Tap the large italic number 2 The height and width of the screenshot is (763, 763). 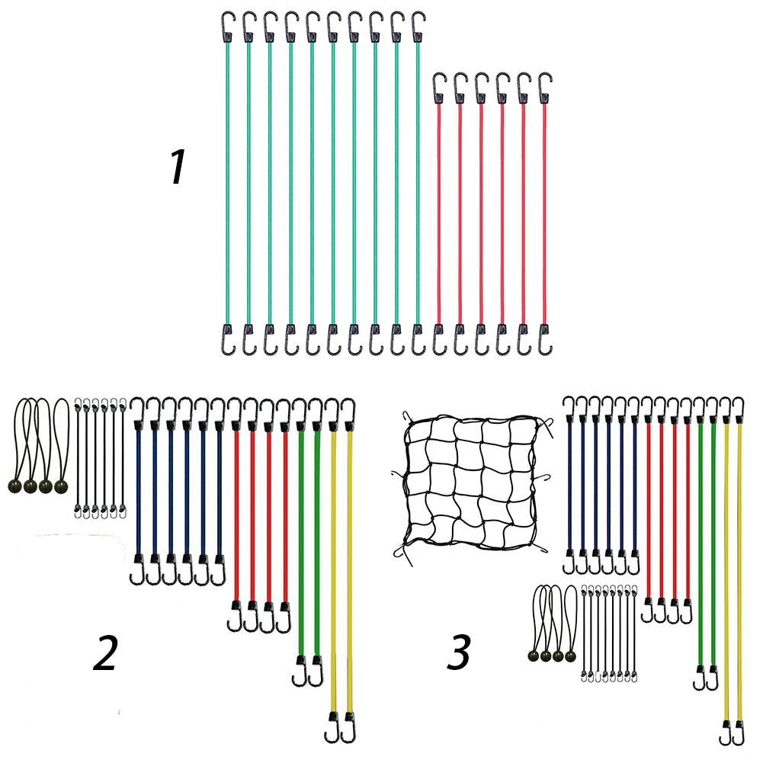tap(106, 652)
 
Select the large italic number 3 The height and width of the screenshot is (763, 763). tap(459, 652)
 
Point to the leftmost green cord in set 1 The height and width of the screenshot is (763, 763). tap(227, 184)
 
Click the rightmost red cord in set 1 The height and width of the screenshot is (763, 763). tap(544, 214)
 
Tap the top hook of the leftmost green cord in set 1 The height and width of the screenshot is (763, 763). tap(227, 27)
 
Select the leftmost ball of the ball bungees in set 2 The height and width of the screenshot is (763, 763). tap(15, 486)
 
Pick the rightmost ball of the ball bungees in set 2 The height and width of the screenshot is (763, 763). tap(61, 486)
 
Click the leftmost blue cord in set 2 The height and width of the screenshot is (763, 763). tap(138, 491)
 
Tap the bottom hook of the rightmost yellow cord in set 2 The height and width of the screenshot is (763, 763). tap(349, 727)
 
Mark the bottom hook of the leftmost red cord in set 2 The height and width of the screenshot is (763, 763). tap(236, 616)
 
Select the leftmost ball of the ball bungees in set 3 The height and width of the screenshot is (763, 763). tap(534, 656)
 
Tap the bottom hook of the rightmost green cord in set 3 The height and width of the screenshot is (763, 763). tap(713, 678)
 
